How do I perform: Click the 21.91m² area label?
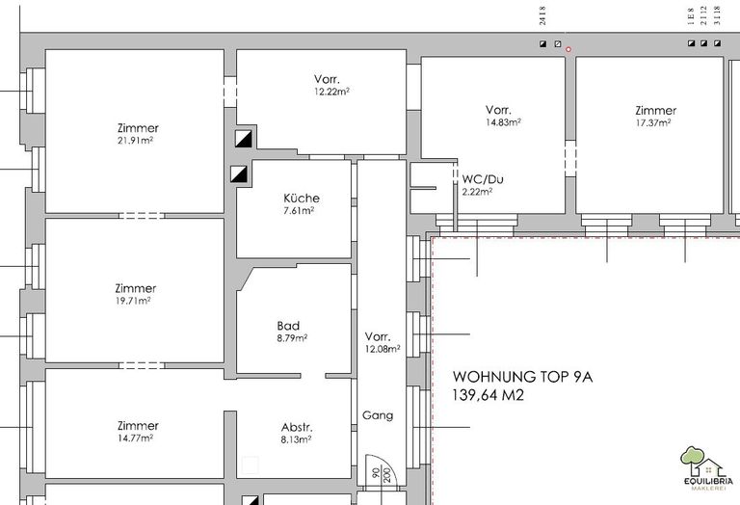[136, 140]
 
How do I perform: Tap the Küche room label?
[301, 199]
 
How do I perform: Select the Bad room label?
[288, 326]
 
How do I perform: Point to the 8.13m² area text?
[296, 439]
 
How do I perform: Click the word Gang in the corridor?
[378, 415]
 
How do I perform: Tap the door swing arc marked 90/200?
[388, 465]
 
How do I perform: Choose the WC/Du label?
[483, 179]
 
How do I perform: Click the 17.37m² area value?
[653, 122]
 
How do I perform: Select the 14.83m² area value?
[504, 122]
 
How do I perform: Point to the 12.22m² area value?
[331, 92]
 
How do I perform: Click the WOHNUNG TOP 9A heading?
[522, 377]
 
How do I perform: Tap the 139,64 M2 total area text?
[488, 395]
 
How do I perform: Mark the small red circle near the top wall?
[568, 49]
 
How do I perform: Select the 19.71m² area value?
[133, 301]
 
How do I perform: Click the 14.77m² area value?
[136, 438]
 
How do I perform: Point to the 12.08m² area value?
[383, 349]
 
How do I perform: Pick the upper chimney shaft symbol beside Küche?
[244, 139]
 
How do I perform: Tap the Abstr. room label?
[297, 428]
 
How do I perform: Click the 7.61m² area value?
[299, 210]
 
